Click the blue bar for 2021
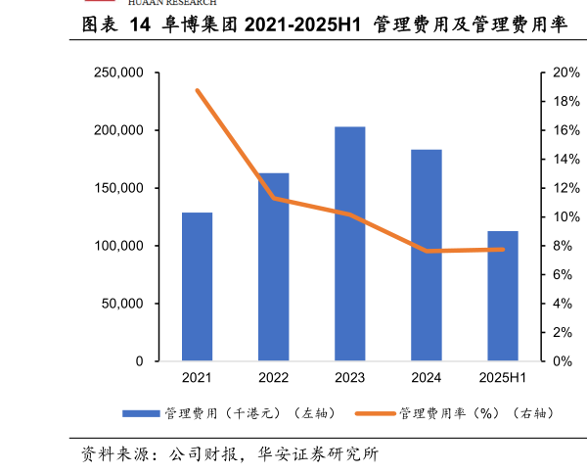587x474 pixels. (x=197, y=286)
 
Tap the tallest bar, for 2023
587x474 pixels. (x=349, y=244)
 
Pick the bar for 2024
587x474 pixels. (x=426, y=255)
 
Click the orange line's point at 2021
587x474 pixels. (x=197, y=90)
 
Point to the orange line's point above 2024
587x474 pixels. (x=426, y=251)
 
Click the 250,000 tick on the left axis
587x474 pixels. (x=118, y=72)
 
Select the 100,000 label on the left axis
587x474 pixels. (x=118, y=246)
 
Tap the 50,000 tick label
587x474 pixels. (x=122, y=304)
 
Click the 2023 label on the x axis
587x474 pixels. (x=349, y=378)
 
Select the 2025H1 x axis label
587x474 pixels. (x=502, y=378)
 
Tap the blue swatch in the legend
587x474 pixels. (x=141, y=413)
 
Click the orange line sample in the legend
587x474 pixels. (x=377, y=413)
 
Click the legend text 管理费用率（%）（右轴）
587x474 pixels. (x=476, y=413)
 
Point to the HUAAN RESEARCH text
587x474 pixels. (x=172, y=3)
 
